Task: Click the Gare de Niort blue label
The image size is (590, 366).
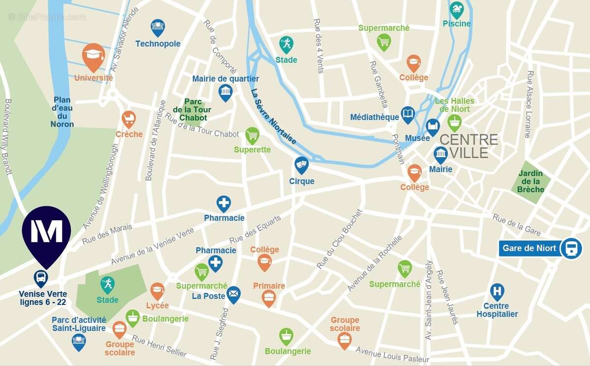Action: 529,248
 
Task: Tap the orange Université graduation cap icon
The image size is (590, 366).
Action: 93,55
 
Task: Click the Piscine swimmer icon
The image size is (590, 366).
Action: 457,9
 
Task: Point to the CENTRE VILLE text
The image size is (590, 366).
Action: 468,146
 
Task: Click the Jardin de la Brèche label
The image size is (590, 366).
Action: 531,181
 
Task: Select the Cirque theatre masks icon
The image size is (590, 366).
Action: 301,164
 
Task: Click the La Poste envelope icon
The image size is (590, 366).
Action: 234,294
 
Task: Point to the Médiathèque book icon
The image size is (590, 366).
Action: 408,115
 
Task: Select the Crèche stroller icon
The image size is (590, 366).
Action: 129,118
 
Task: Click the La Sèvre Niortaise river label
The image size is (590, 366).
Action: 273,117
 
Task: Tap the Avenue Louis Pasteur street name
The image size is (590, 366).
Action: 392,354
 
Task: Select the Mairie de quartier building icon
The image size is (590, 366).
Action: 225,91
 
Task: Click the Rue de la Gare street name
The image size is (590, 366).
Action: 516,225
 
